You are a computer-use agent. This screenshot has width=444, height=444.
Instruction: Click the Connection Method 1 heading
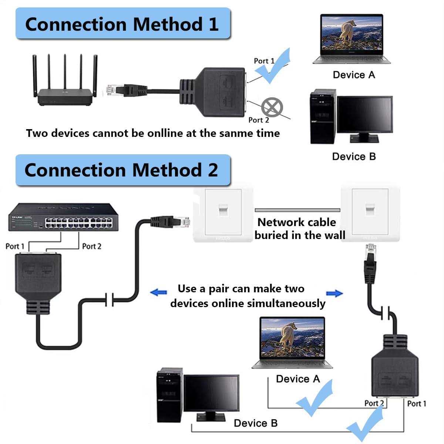pos(122,24)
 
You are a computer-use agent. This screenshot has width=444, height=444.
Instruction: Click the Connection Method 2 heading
pos(121,170)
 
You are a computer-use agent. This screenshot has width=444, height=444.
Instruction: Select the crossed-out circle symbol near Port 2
pos(272,108)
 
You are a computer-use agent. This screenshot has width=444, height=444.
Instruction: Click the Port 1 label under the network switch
pos(15,246)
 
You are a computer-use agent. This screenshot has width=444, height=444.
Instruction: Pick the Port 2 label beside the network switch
pos(91,246)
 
